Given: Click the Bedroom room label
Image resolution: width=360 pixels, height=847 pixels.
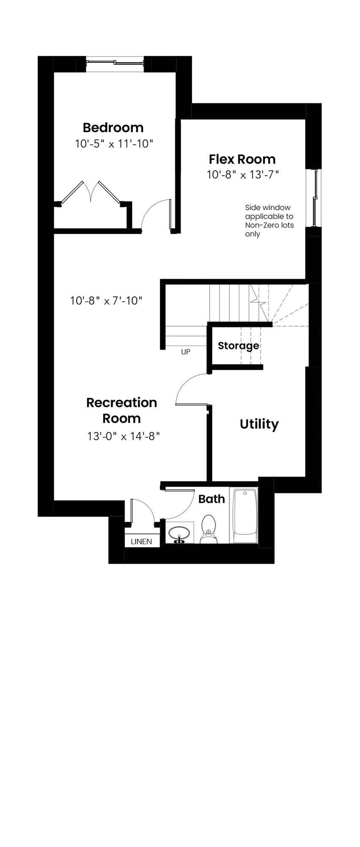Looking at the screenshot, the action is (x=113, y=127).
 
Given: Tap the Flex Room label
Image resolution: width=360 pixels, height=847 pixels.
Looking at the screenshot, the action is (x=242, y=159).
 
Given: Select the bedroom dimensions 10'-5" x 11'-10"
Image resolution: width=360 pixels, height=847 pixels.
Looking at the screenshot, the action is (x=114, y=144).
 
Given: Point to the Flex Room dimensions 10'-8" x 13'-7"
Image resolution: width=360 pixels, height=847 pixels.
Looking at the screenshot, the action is (x=243, y=174).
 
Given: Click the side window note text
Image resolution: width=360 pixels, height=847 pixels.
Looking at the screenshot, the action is (x=269, y=221).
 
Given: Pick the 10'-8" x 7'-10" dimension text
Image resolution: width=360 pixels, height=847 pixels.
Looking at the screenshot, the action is (x=106, y=301).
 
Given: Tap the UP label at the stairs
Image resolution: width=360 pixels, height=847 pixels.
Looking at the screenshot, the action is (x=186, y=352).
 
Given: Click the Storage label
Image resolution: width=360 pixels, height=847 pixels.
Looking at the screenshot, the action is (x=238, y=346).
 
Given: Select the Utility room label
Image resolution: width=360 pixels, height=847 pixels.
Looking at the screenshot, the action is (x=259, y=424).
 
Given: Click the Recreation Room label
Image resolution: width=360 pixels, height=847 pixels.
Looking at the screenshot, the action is (x=122, y=410).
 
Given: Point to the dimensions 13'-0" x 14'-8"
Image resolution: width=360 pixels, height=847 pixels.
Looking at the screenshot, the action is (x=124, y=436).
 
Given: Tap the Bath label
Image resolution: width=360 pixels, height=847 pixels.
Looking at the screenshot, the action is (x=212, y=499).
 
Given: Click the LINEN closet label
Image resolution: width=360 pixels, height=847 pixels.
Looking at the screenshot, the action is (x=141, y=542).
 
